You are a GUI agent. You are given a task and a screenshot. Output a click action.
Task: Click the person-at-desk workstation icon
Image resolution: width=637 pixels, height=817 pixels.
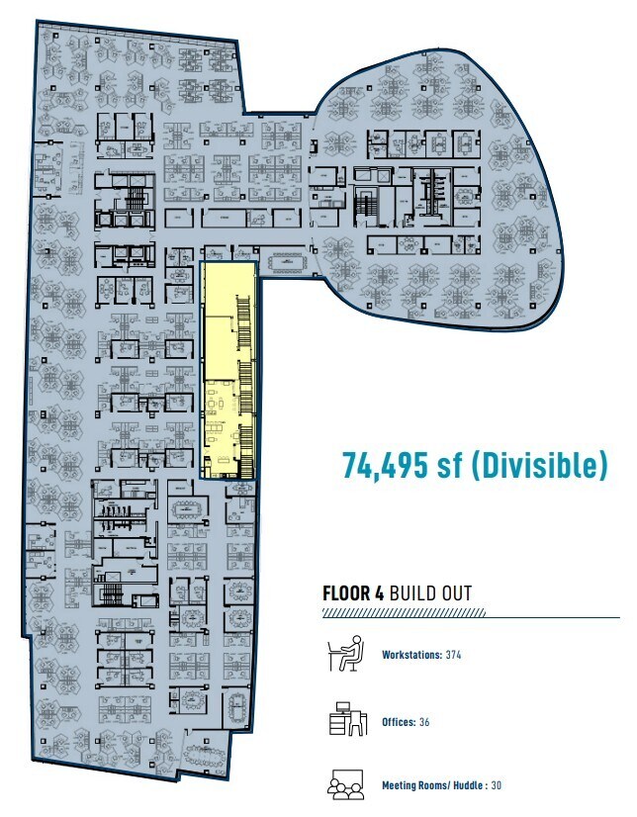click(342, 655)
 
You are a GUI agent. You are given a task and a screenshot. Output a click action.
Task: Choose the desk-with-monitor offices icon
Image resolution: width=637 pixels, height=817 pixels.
click(342, 721)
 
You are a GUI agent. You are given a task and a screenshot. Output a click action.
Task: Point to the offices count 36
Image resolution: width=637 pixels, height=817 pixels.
click(424, 722)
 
